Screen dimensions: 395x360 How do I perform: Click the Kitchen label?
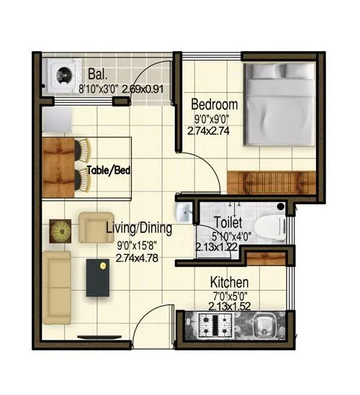pos(229,282)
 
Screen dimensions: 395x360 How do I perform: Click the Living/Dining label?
pos(139,230)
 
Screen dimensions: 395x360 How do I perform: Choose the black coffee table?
pos(99,277)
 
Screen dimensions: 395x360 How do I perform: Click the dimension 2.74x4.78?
pos(137,257)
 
